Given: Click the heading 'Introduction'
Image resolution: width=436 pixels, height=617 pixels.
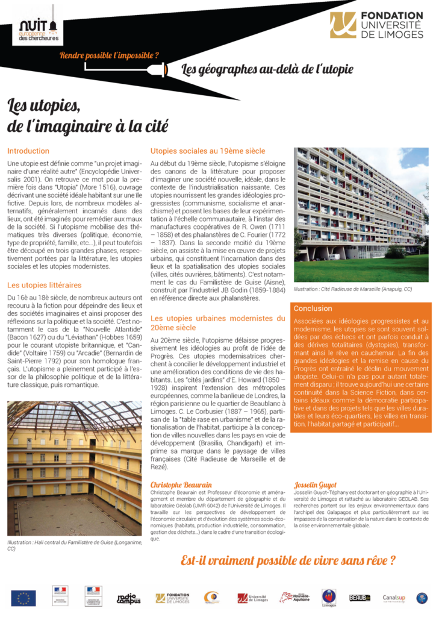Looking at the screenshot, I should (28, 151).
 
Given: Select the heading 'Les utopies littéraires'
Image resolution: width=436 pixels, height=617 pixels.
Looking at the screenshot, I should (44, 284).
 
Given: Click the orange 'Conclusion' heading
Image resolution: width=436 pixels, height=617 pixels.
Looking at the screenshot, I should (313, 308).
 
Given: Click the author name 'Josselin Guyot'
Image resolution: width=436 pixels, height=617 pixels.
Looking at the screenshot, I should (315, 484).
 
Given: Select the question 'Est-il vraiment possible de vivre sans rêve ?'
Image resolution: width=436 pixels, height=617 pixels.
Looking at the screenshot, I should (288, 560).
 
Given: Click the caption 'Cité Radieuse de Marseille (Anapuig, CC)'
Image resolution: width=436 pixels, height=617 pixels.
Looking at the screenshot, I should (353, 290).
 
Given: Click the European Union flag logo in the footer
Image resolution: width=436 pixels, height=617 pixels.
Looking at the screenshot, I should (23, 597).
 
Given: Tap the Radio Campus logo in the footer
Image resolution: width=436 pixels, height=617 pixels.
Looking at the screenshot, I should (129, 598).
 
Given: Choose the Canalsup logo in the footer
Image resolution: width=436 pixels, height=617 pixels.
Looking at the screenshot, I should (394, 598).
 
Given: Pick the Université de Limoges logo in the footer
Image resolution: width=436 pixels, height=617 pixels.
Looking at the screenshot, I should (252, 598).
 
